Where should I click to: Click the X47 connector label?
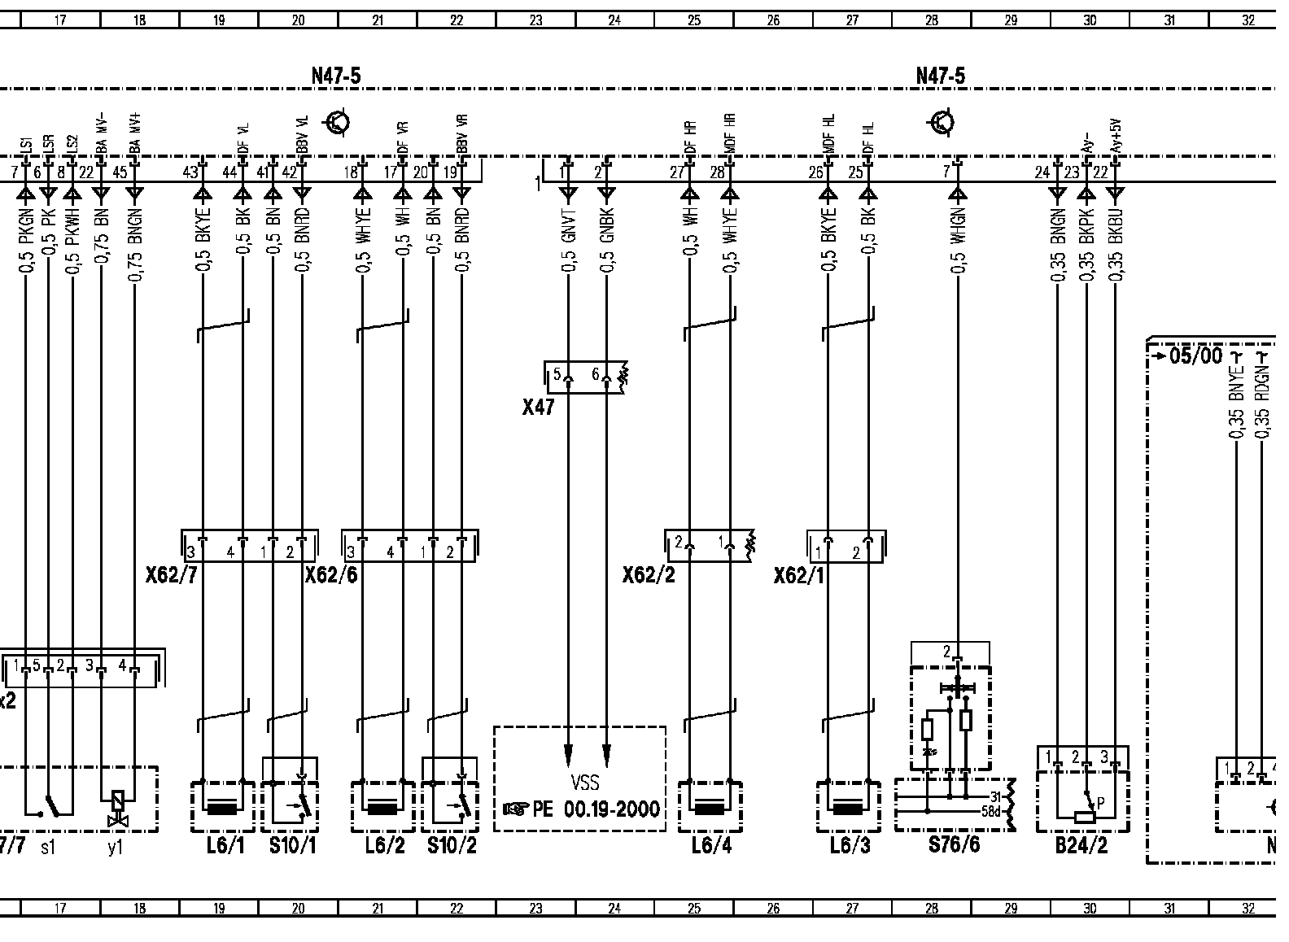coord(539,407)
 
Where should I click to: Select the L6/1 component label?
coord(225,846)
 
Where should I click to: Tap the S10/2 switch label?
coord(452,846)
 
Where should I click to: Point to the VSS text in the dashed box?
coord(584,783)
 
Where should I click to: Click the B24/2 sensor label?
coord(1081,846)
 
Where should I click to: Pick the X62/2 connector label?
coord(649,576)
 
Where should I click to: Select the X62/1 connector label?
coord(800,576)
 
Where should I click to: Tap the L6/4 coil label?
coord(711,846)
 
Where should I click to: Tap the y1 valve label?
coord(115,848)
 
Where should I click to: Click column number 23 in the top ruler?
coord(535,21)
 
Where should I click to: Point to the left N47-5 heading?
coord(336,76)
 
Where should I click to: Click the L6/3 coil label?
coord(850,846)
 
